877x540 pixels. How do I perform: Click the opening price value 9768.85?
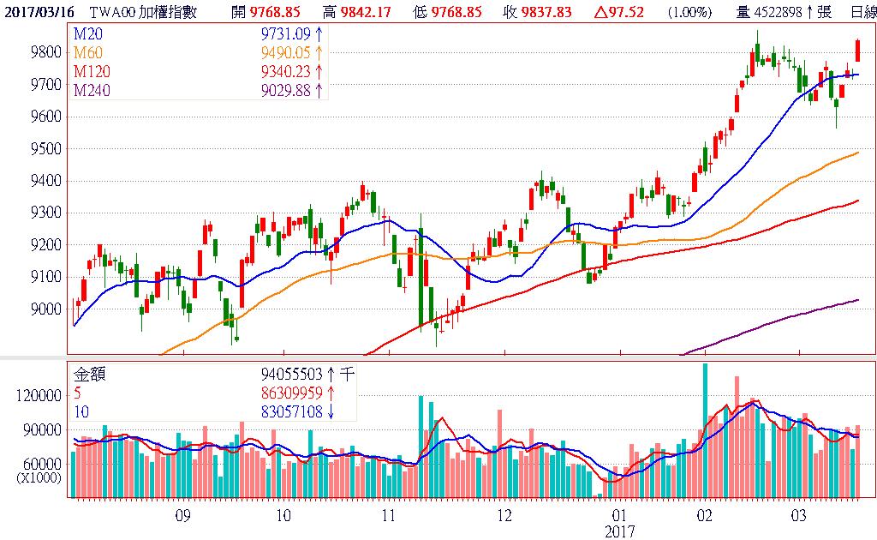(278, 11)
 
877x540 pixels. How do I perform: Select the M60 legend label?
(87, 51)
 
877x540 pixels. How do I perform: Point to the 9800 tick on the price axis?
(45, 52)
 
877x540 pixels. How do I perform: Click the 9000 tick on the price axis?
(45, 309)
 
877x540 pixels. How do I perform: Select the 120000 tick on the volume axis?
(39, 396)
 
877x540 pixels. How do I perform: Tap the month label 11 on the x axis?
(389, 516)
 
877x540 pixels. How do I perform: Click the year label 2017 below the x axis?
(620, 531)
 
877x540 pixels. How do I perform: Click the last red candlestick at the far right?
(857, 50)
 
